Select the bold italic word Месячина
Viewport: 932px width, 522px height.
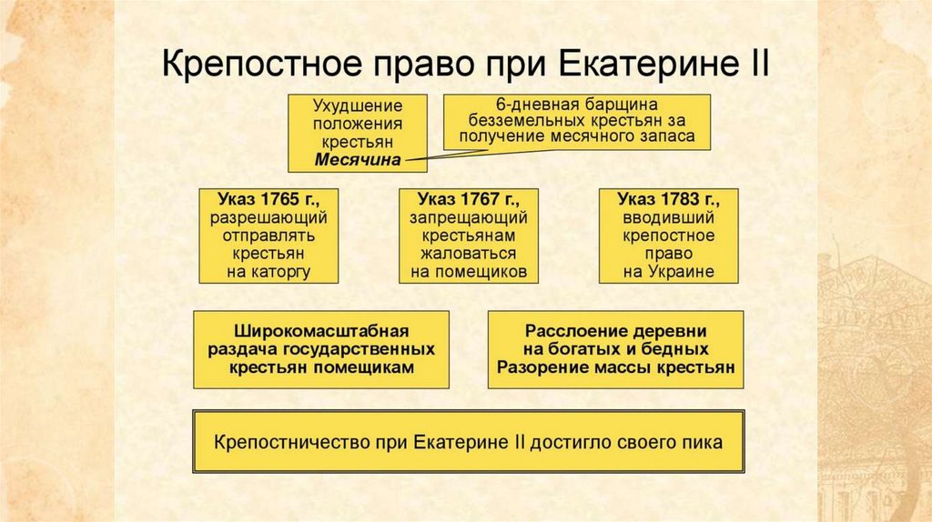pos(358,160)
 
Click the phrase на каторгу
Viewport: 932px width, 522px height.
pos(271,272)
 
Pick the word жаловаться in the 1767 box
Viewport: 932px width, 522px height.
pos(468,254)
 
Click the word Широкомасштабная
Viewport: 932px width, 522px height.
pos(321,330)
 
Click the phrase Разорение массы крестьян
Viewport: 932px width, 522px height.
pos(615,367)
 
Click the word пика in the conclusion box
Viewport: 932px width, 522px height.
pos(705,443)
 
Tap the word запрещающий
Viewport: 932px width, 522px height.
pos(468,218)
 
